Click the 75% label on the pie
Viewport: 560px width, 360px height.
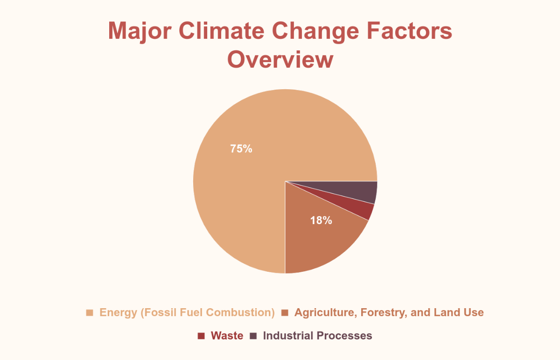(241, 149)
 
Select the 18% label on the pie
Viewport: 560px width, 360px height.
(321, 220)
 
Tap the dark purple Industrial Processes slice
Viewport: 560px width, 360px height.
(359, 191)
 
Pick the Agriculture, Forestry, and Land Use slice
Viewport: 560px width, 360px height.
(317, 238)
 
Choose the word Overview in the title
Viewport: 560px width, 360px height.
(280, 60)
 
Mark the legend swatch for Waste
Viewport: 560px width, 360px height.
(201, 336)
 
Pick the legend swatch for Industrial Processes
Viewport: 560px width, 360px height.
(253, 336)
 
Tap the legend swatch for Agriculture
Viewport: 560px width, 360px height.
(285, 312)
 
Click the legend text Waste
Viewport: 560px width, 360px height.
(227, 336)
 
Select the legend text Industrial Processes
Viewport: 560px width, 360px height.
(317, 336)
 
